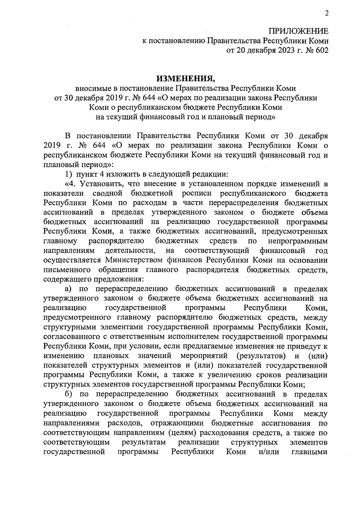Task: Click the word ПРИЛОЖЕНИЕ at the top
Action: (x=298, y=31)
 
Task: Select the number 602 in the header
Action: (x=322, y=50)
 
